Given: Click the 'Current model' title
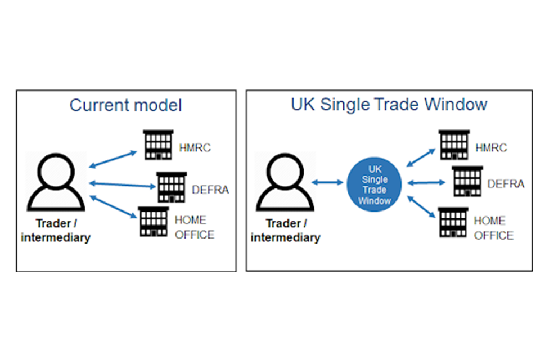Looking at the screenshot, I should click(x=125, y=106).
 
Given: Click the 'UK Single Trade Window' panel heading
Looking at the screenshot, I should click(x=389, y=105).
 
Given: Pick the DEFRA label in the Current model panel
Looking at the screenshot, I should click(x=210, y=190).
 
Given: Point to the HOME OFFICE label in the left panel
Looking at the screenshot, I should click(x=195, y=227).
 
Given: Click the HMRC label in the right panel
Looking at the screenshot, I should click(x=490, y=148).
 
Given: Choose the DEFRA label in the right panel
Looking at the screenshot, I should click(x=506, y=183).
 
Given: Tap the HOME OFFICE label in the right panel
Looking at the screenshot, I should click(x=493, y=228).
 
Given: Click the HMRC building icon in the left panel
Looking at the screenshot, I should click(x=158, y=145).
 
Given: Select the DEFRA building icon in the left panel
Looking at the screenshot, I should click(x=172, y=186).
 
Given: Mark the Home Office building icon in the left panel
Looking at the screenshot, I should click(x=154, y=221).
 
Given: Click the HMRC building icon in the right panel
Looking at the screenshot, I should click(x=454, y=145).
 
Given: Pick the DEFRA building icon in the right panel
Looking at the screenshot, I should click(x=467, y=181).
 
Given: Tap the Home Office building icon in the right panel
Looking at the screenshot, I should click(x=453, y=222).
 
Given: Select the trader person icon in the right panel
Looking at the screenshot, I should click(x=285, y=183).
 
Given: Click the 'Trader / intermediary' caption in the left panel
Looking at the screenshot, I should click(x=56, y=229).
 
